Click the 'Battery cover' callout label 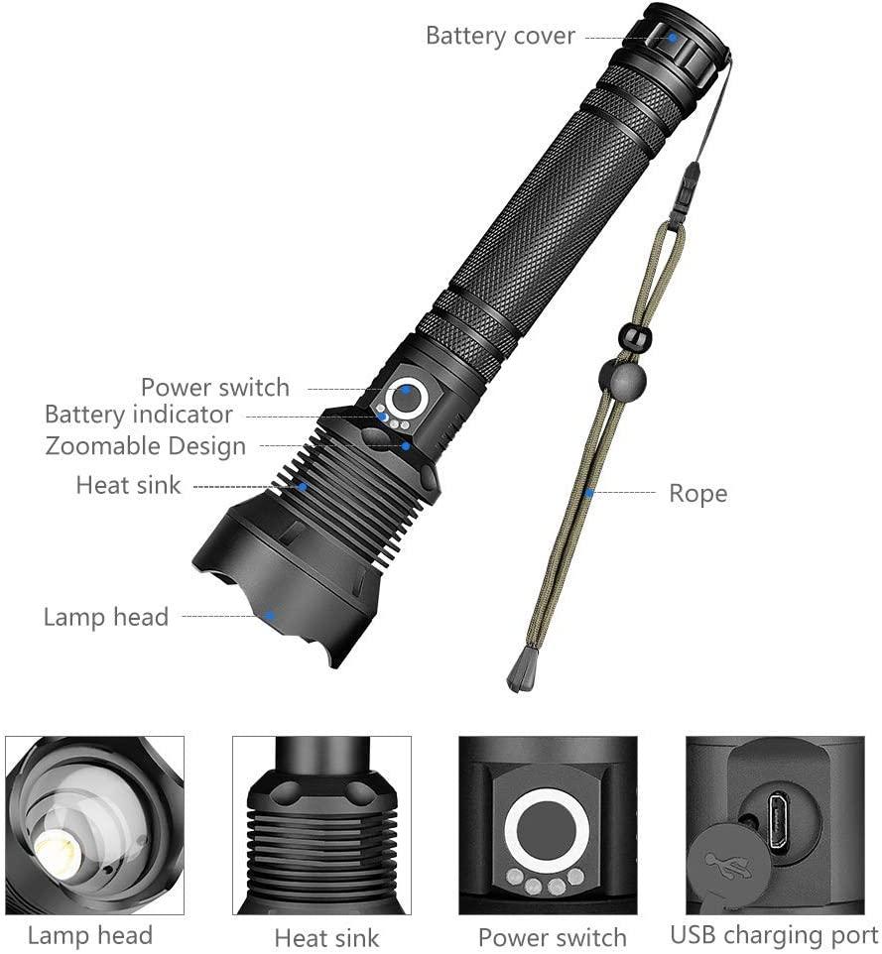pyautogui.click(x=500, y=36)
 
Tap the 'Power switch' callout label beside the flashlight pyautogui.click(x=215, y=387)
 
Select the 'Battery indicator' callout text pyautogui.click(x=139, y=414)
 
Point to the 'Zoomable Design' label pyautogui.click(x=146, y=446)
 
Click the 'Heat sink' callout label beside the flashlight pyautogui.click(x=129, y=485)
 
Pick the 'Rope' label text pyautogui.click(x=697, y=493)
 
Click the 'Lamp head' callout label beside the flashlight pyautogui.click(x=106, y=617)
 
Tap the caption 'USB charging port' pyautogui.click(x=774, y=934)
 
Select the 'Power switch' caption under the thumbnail pyautogui.click(x=552, y=937)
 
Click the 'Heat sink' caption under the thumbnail pyautogui.click(x=327, y=937)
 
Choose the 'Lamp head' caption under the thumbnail pyautogui.click(x=90, y=935)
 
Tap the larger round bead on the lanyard pyautogui.click(x=622, y=380)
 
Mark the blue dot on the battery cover pyautogui.click(x=672, y=38)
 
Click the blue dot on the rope pyautogui.click(x=589, y=492)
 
